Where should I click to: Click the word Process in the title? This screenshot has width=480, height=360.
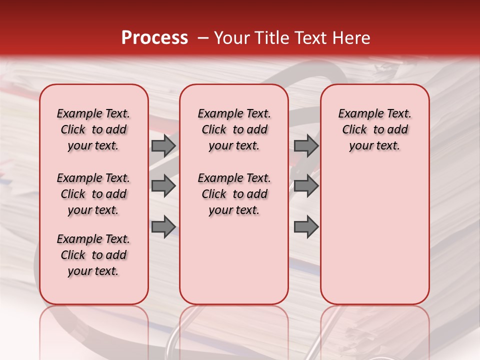[x=154, y=38]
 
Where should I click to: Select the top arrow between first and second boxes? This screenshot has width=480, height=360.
[x=163, y=145]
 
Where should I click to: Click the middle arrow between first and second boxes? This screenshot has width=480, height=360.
[x=163, y=186]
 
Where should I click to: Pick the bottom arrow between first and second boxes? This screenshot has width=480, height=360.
[x=163, y=227]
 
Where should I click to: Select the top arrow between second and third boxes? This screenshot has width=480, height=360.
[x=306, y=145]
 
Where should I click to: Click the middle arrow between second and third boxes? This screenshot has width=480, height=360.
[x=306, y=186]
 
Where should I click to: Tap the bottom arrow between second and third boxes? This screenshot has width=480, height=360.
[x=306, y=227]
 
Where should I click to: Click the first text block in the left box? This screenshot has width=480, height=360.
[x=93, y=129]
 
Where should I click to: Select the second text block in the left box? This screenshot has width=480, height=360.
[x=93, y=194]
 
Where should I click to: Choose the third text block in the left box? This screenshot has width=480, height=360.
[x=93, y=255]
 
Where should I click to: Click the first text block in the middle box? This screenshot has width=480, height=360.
[x=234, y=129]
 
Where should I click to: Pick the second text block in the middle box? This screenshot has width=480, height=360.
[x=234, y=194]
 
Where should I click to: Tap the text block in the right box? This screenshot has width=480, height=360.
[x=375, y=129]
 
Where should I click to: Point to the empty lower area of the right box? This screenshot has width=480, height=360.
[x=375, y=235]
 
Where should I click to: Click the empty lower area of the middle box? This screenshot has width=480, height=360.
[x=234, y=260]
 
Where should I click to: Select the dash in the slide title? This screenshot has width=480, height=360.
[x=203, y=38]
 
